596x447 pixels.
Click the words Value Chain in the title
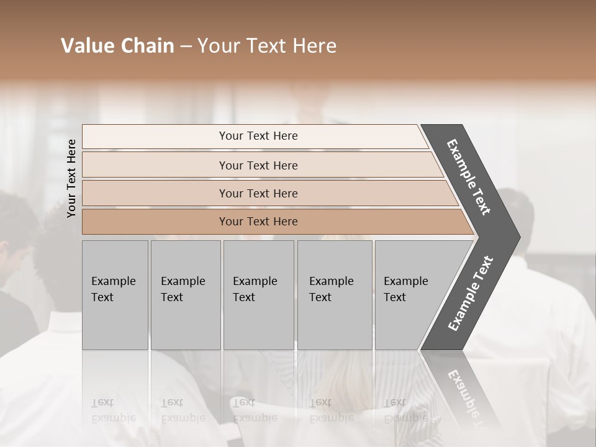pos(117,46)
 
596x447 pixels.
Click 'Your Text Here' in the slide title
pos(267,46)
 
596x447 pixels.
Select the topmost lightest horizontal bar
pos(155,136)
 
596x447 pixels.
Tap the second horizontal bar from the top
pos(155,165)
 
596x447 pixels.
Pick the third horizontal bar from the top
pos(155,193)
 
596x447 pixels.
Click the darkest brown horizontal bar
pos(155,222)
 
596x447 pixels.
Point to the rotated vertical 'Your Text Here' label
pos(71,178)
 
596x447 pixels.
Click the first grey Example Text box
pos(115,295)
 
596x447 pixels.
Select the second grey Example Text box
pos(186,295)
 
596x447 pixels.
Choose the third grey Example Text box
pos(258,295)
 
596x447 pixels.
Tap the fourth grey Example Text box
pos(335,295)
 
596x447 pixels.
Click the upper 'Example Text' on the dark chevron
pos(469,177)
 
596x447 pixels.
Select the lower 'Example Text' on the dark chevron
pos(471,294)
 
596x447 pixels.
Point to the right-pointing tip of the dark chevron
pos(517,237)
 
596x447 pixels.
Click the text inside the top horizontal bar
pos(258,136)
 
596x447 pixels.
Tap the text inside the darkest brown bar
pos(258,222)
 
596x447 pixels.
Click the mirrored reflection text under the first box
pos(113,410)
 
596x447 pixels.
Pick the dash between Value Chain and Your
pos(186,47)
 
